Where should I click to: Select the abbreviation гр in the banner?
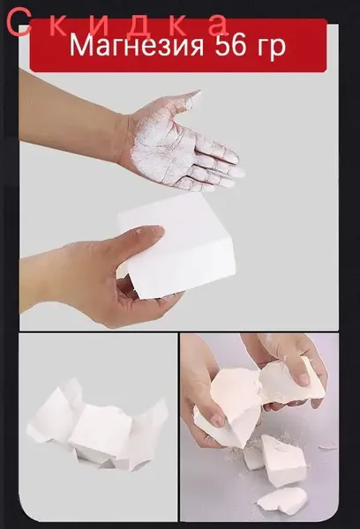tap(271, 48)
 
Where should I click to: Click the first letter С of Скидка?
tap(16, 23)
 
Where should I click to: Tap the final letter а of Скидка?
tap(217, 25)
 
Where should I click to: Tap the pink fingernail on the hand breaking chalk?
tap(304, 379)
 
